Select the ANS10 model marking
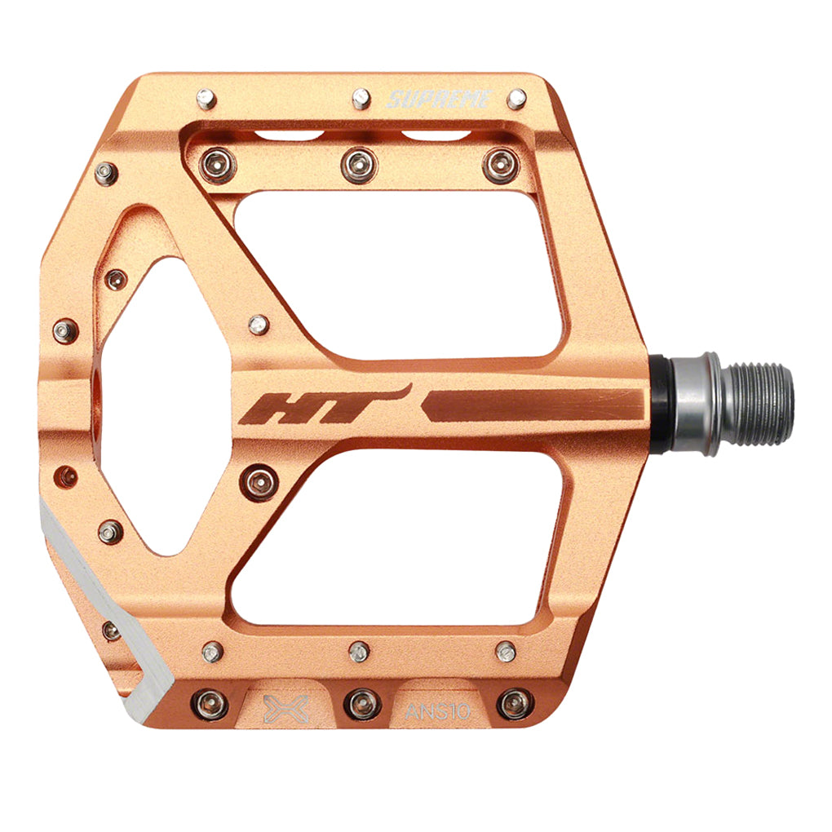click(x=437, y=710)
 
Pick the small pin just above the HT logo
click(x=258, y=325)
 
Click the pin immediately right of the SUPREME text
click(x=516, y=100)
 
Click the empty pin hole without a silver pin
click(x=66, y=476)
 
